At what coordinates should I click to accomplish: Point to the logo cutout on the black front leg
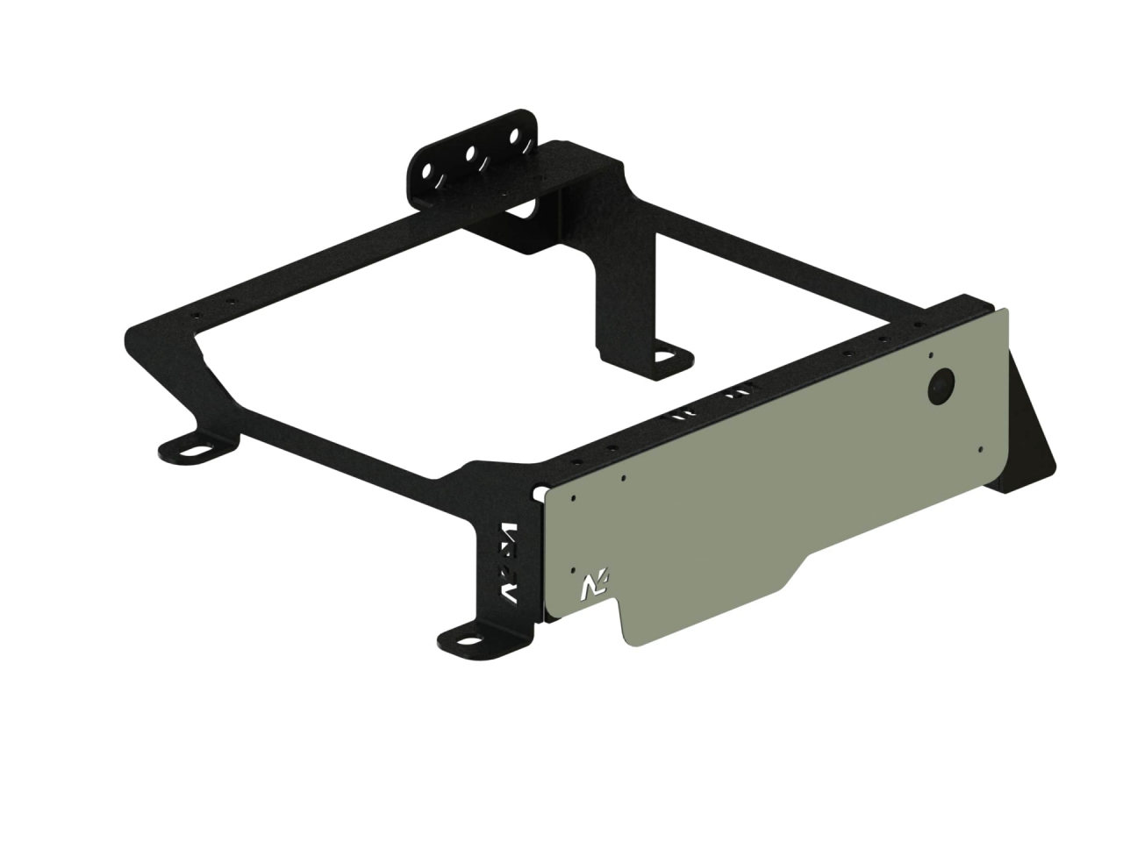pyautogui.click(x=509, y=562)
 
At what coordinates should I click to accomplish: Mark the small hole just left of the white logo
pyautogui.click(x=572, y=567)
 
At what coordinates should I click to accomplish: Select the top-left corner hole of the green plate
pyautogui.click(x=572, y=497)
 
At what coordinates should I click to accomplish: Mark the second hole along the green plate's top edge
pyautogui.click(x=622, y=478)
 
